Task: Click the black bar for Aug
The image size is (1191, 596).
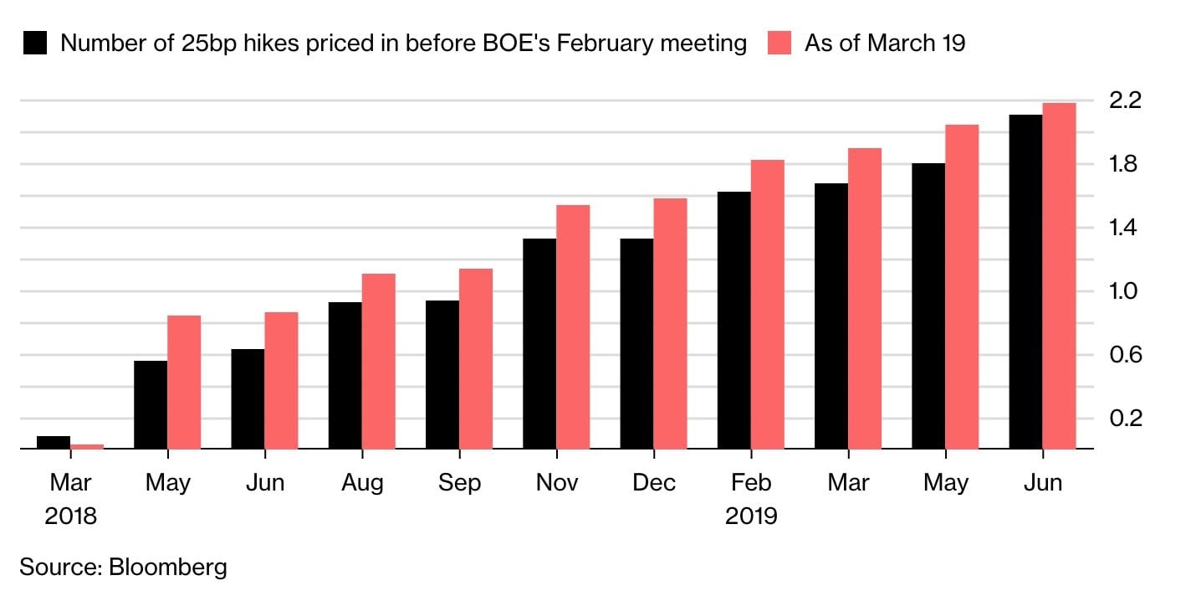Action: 345,376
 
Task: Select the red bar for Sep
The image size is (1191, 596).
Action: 476,359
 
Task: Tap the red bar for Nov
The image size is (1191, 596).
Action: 573,327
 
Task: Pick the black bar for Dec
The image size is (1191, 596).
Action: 636,344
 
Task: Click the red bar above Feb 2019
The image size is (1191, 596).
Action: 767,305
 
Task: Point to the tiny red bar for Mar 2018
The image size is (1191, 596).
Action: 87,447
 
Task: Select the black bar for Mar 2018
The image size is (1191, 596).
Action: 54,443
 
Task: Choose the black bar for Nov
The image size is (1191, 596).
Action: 539,344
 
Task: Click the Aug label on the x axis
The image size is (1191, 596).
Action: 362,483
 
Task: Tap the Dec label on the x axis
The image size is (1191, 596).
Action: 653,483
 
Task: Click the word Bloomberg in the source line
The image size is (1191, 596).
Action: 167,567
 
